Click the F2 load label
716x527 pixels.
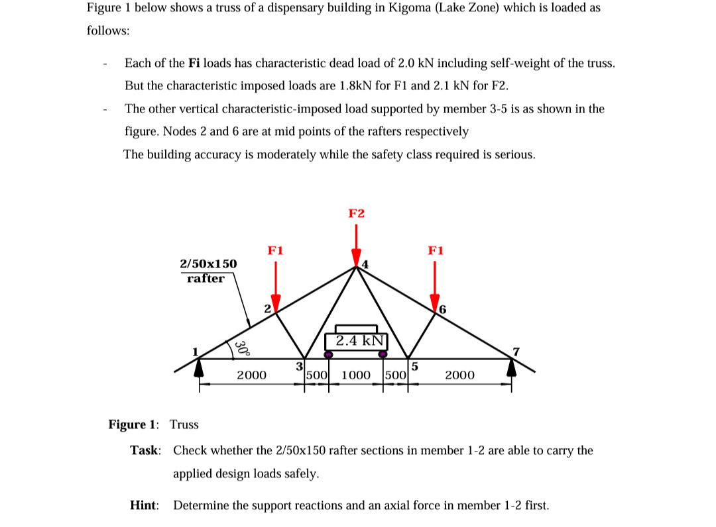tap(356, 213)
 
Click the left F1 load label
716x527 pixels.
tap(276, 250)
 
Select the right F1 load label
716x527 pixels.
tap(436, 250)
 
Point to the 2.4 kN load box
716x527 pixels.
tap(357, 341)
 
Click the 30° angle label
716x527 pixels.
tap(243, 348)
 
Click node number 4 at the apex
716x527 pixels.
tap(363, 265)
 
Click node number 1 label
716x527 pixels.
tap(196, 351)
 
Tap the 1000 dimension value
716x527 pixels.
tap(356, 375)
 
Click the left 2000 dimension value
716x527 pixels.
tap(251, 375)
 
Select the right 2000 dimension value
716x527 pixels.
tap(459, 375)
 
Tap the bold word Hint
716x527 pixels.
tap(144, 505)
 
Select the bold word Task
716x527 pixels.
tap(145, 450)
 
